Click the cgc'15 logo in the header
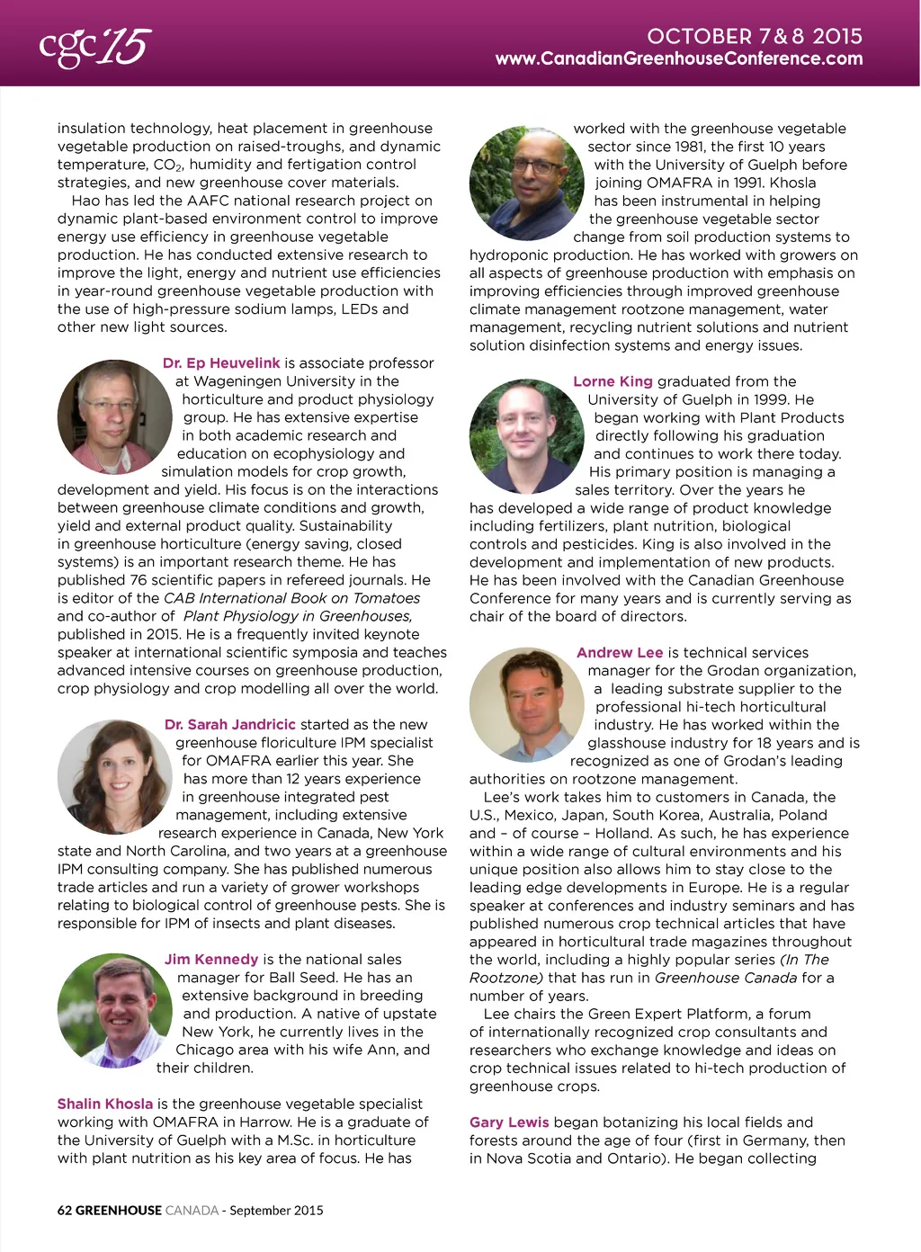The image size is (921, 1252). coord(94,47)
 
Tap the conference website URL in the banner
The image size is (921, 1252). coord(678,59)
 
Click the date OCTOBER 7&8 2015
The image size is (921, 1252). coord(754,36)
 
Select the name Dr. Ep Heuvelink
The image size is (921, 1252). coord(221,363)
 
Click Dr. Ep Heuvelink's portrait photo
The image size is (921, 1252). coord(113,416)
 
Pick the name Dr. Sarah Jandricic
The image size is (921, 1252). coord(229,725)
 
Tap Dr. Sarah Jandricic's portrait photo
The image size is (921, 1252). coord(113,776)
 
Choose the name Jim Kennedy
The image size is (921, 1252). coord(210,960)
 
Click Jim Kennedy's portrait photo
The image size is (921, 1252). coord(113,1010)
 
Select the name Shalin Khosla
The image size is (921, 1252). coord(104,1104)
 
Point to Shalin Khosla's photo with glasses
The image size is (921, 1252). coord(526,183)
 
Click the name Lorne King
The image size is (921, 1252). coord(613,381)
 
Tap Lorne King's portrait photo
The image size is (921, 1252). coord(526,436)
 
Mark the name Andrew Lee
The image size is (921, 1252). coord(620,653)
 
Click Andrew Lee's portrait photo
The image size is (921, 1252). coord(526,704)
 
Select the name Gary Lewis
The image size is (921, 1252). coord(508,1122)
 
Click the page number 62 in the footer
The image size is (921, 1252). coord(64,1211)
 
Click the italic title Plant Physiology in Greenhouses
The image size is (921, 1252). coord(298,616)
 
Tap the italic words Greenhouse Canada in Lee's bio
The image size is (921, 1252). coord(725,978)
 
